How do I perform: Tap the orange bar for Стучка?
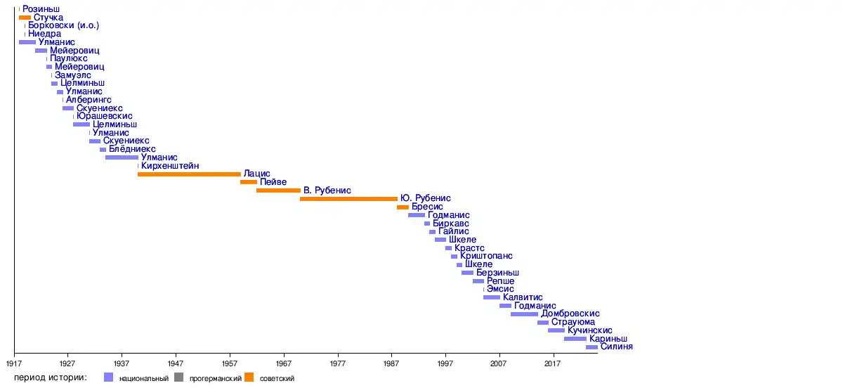point(25,17)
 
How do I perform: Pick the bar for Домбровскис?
point(524,314)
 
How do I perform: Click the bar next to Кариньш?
point(575,339)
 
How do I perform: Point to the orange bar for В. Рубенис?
point(278,190)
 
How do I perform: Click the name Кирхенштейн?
point(169,166)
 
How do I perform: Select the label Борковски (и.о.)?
point(63,25)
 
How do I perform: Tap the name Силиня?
point(617,347)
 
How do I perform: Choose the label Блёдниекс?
point(132,150)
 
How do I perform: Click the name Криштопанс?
point(486,256)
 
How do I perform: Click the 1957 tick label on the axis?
point(230,363)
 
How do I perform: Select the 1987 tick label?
point(391,363)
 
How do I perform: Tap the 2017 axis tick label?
point(553,363)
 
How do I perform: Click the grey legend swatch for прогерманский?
point(178,378)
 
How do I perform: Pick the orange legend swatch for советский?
point(249,378)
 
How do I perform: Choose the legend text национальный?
point(144,379)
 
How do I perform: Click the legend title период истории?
point(49,378)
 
